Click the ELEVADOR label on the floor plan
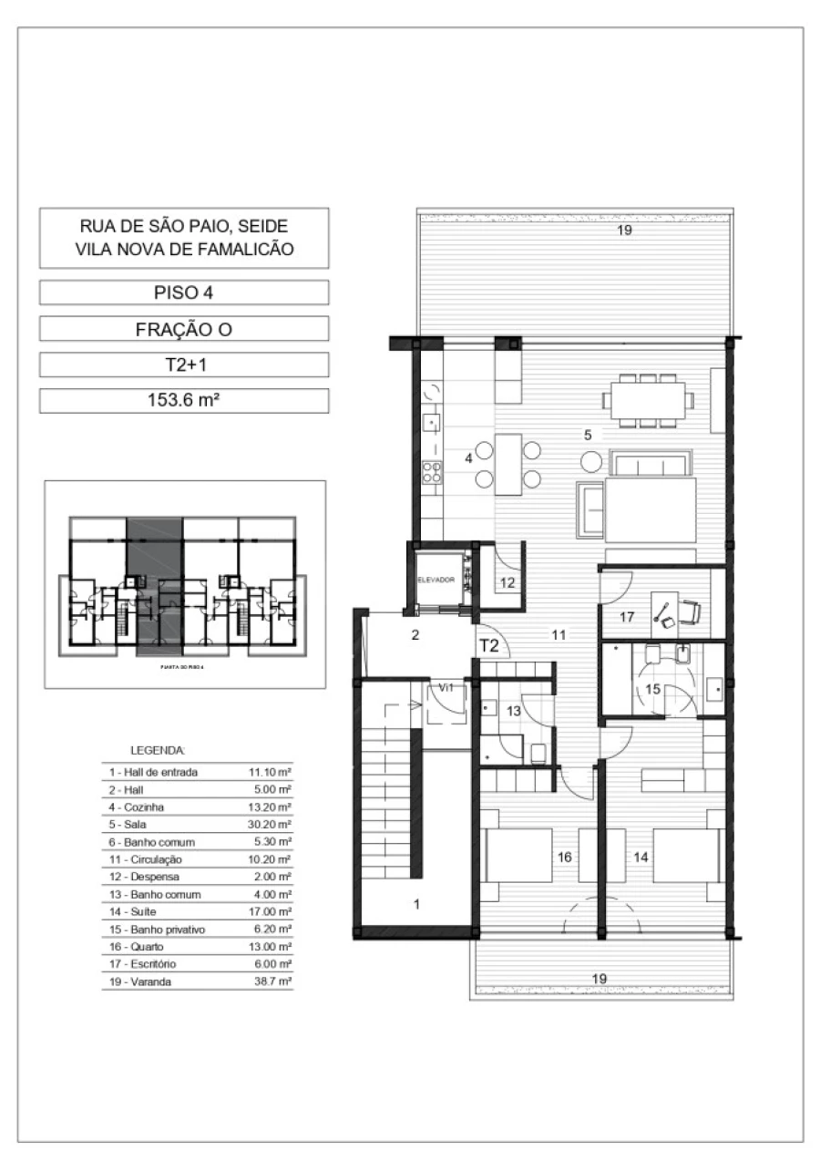[435, 580]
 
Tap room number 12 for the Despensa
[507, 582]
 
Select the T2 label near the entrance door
[489, 646]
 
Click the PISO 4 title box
[184, 293]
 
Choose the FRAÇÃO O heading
[184, 329]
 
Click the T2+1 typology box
[184, 365]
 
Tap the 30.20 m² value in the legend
[271, 825]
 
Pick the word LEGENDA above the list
[158, 751]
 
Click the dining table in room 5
[646, 400]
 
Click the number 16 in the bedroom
[565, 857]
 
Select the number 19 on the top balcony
[623, 231]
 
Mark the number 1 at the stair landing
[418, 905]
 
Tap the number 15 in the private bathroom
[652, 690]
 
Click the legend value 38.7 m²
[272, 981]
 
